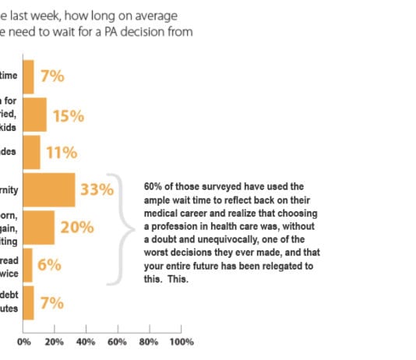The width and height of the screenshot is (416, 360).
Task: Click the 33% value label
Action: pyautogui.click(x=98, y=189)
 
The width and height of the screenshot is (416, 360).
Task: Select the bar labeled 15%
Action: pyautogui.click(x=35, y=115)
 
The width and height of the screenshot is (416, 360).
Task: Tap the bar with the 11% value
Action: pyautogui.click(x=32, y=152)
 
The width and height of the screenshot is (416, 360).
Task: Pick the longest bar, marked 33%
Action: pyautogui.click(x=49, y=189)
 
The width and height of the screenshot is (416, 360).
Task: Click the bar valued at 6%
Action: pyautogui.click(x=28, y=265)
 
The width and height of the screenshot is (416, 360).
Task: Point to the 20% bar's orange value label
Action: pyautogui.click(x=78, y=228)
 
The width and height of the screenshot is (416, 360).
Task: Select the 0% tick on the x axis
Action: pyautogui.click(x=24, y=341)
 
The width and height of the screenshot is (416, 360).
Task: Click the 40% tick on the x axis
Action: pyautogui.click(x=86, y=341)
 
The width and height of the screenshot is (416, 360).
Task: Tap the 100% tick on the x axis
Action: pyautogui.click(x=181, y=341)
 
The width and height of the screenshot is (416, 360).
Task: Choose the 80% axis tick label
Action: pyautogui.click(x=149, y=341)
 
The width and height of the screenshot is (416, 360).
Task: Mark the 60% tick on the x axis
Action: pyautogui.click(x=118, y=341)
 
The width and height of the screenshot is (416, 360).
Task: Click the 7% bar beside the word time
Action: pyautogui.click(x=29, y=76)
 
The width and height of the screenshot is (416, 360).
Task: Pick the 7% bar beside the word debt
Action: pyautogui.click(x=29, y=302)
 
